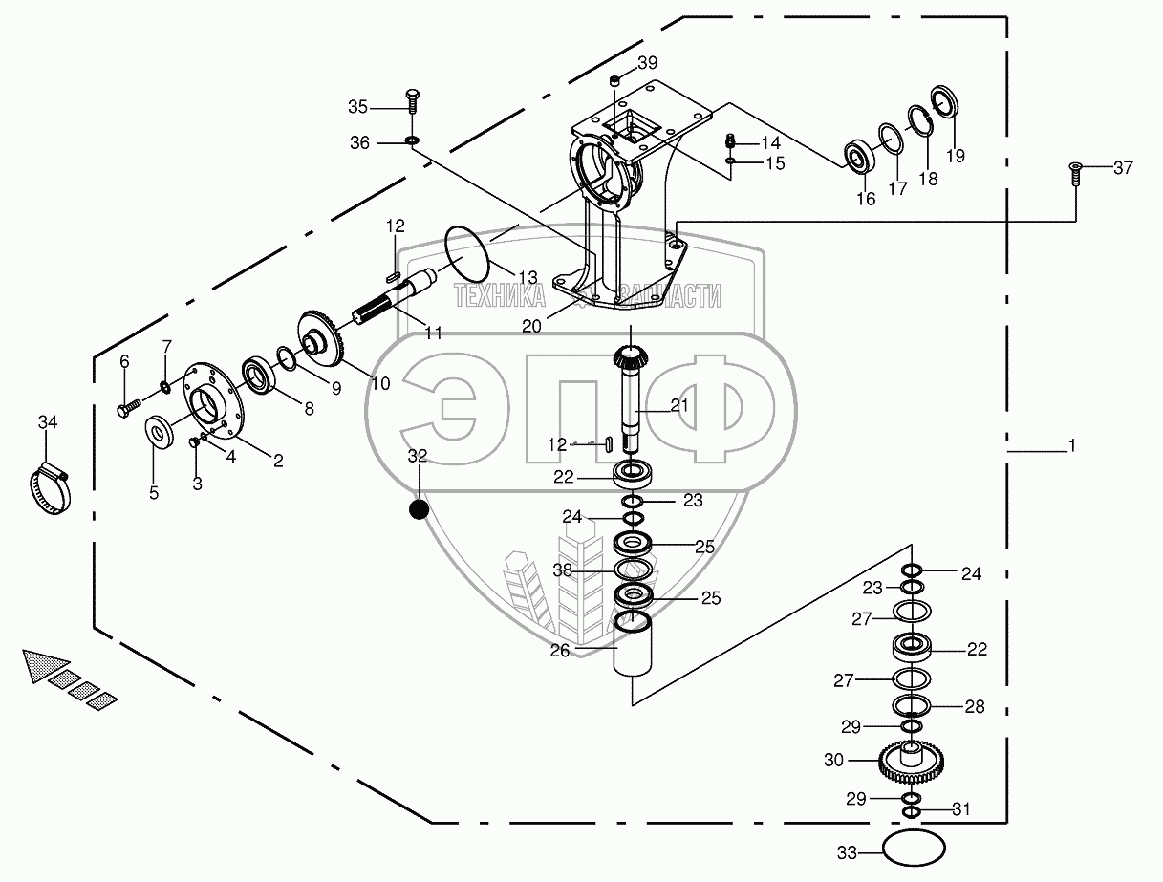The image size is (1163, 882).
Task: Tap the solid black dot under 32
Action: point(419,509)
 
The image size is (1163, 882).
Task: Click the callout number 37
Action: point(1123,168)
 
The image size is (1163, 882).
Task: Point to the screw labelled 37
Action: point(1074,174)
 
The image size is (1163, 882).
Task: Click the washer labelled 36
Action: point(412,140)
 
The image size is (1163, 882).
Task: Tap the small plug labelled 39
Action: point(614,80)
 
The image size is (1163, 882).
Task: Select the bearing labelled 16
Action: point(858,157)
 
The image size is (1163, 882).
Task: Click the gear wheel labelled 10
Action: point(322,338)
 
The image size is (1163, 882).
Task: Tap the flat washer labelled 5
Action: point(159,430)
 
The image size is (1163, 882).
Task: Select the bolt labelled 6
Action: point(128,408)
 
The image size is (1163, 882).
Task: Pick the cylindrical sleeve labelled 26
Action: point(632,644)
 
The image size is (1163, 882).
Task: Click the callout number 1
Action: point(1071,446)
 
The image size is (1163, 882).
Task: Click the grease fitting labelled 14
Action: point(731,141)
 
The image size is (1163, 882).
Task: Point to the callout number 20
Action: point(531,326)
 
